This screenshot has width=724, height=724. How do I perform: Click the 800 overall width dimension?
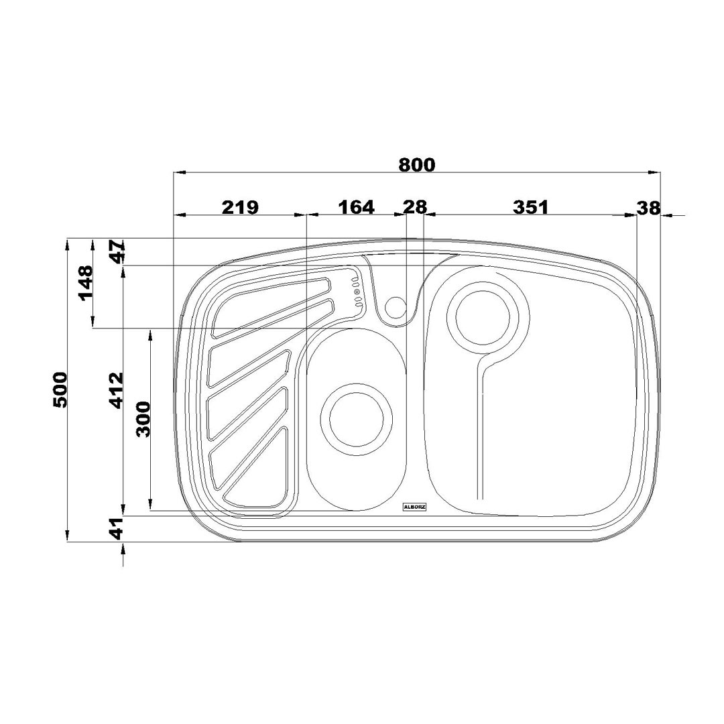[x=416, y=165]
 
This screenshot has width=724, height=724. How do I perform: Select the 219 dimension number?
[x=240, y=207]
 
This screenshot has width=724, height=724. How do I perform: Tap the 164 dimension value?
[x=357, y=207]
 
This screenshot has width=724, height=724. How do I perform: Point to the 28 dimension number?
[x=415, y=207]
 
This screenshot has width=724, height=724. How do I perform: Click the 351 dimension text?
[x=530, y=207]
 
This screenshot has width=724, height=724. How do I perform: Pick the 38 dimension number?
[x=649, y=208]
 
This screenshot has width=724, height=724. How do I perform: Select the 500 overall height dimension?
[x=60, y=389]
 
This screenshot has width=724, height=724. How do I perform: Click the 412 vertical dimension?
[x=116, y=390]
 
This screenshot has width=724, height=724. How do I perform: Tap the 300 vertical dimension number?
[x=143, y=419]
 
